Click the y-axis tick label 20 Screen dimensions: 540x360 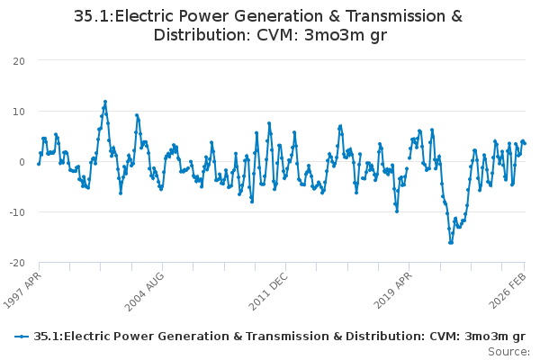(19, 61)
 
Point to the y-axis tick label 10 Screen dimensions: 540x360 (19, 112)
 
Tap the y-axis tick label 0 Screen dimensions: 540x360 (22, 162)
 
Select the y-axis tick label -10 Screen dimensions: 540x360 (17, 212)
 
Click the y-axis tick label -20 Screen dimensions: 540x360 (17, 263)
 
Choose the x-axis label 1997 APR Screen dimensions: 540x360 (22, 290)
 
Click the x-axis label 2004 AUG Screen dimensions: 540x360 (144, 292)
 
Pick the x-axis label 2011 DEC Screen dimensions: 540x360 (267, 292)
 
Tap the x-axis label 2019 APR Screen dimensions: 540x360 (392, 291)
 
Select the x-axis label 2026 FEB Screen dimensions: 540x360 (508, 291)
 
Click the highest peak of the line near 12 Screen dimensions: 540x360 (105, 102)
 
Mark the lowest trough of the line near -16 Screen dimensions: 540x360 (451, 242)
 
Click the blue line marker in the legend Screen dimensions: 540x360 (22, 337)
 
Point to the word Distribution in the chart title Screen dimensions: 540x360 (202, 35)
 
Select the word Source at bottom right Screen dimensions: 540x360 (508, 352)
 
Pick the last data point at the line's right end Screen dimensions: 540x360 (525, 143)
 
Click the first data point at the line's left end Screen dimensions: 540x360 (39, 164)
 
